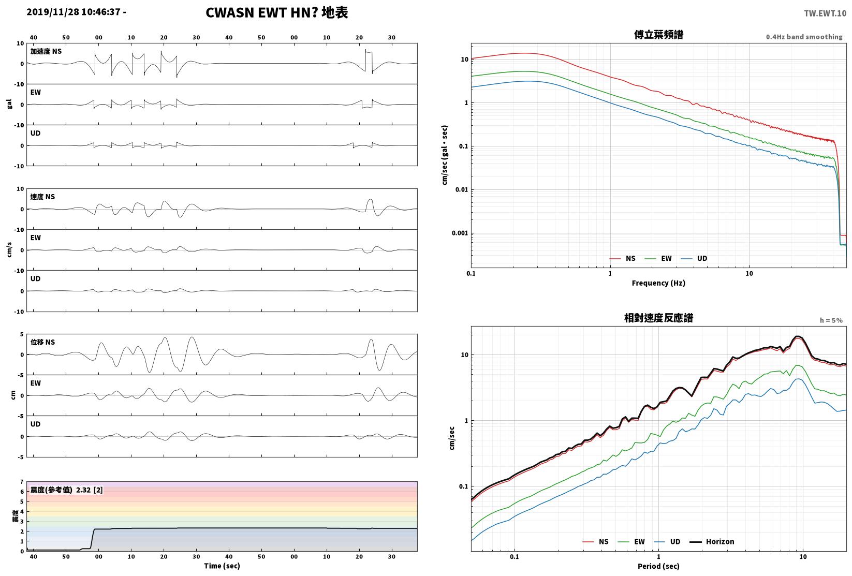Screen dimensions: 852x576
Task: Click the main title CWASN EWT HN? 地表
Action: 276,12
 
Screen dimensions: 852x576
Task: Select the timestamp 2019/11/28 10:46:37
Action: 74,12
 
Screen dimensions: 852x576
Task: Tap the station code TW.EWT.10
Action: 825,13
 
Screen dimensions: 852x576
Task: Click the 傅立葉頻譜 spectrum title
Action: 658,35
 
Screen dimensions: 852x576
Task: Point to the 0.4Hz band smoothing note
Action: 804,37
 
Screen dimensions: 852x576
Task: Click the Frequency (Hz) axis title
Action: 658,283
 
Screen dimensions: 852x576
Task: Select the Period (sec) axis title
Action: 658,566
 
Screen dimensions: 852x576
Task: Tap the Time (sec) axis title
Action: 222,566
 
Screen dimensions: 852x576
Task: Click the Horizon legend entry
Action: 712,541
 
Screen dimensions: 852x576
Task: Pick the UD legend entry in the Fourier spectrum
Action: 694,258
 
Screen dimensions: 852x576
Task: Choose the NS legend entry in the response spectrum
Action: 596,541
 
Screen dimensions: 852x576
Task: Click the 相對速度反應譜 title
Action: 658,318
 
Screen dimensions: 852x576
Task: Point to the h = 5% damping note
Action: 831,320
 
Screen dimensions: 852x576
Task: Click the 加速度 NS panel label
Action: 46,51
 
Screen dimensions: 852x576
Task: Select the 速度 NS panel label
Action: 42,197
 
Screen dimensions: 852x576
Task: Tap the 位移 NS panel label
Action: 42,342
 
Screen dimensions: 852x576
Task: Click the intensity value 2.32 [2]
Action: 90,490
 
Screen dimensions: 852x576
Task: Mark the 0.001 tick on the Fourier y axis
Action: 460,233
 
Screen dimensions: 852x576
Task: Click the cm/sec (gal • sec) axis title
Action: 445,155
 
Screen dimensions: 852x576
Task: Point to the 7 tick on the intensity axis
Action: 22,482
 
